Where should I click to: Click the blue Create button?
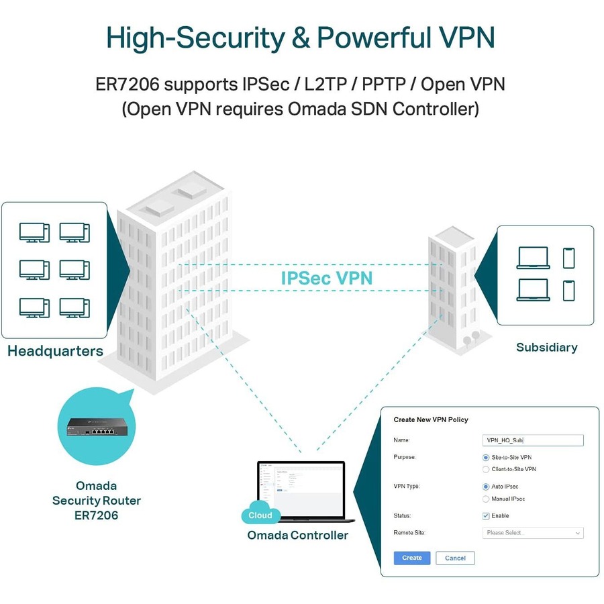point(411,558)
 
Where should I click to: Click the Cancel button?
point(455,558)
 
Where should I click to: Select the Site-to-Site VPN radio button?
point(486,457)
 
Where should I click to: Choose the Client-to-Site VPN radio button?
point(486,469)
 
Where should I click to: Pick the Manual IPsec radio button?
point(486,499)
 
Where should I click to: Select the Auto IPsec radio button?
point(486,487)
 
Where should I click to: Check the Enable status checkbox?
point(486,516)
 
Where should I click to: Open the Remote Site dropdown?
point(533,533)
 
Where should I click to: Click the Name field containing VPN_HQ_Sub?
point(533,440)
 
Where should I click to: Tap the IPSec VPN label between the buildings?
point(326,277)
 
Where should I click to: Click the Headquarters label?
point(55,351)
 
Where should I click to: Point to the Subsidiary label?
point(546,347)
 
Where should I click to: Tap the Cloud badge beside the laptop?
point(260,515)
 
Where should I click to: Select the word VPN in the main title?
point(462,38)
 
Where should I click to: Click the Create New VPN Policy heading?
point(430,419)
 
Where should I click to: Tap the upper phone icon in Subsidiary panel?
point(568,258)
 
